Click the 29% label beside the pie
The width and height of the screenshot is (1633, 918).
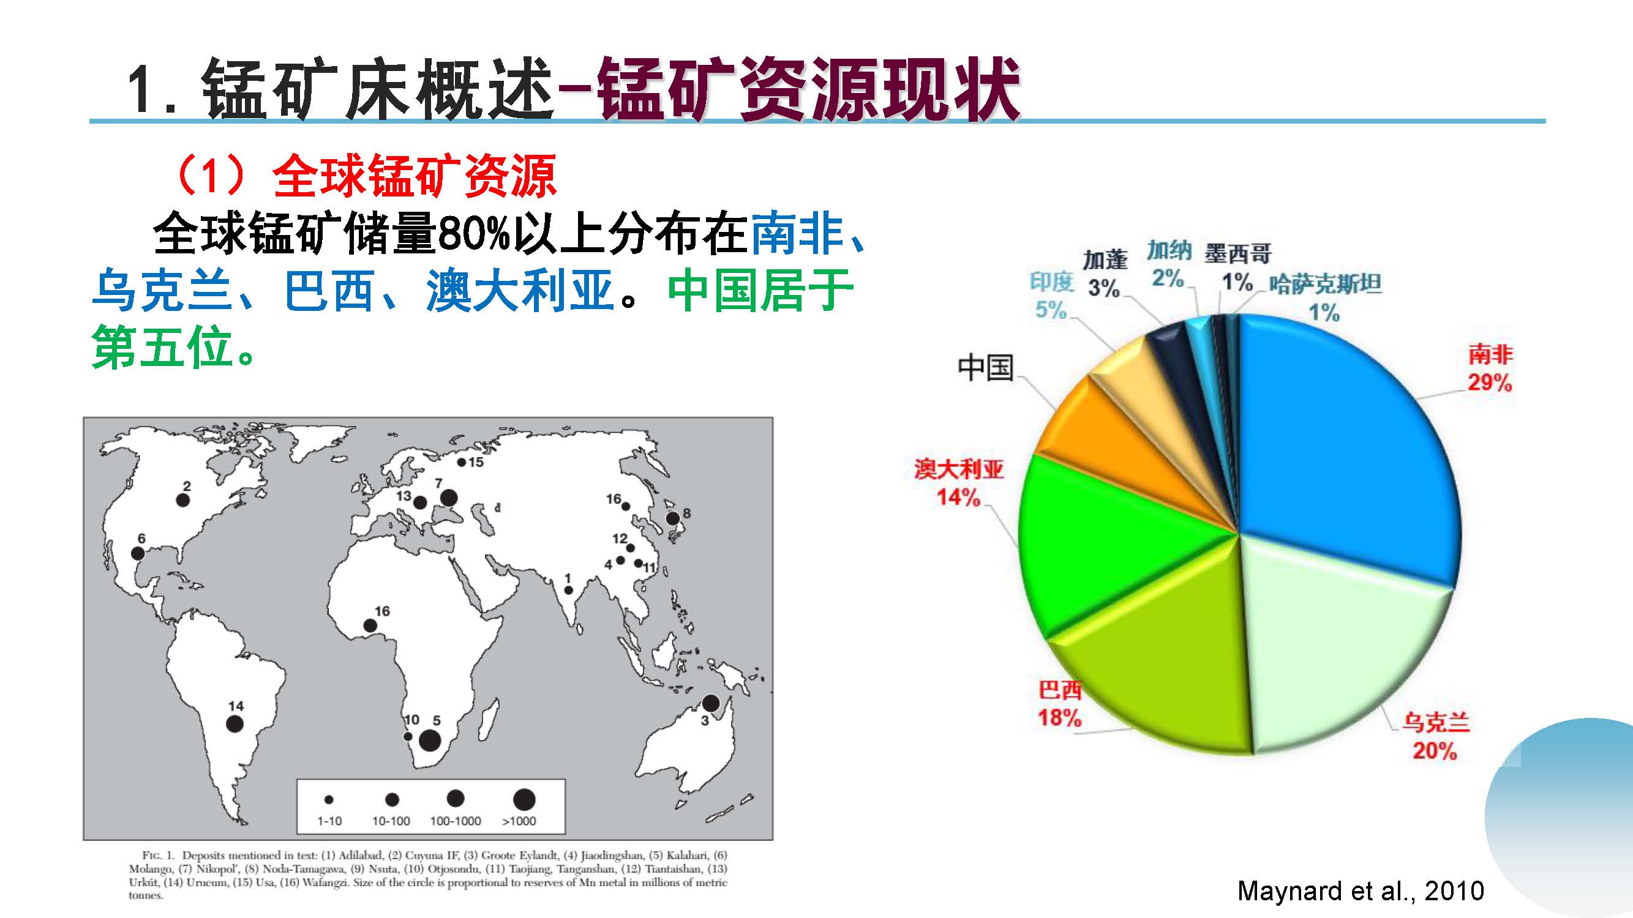(x=1490, y=382)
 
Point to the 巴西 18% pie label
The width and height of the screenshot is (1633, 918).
(x=1059, y=704)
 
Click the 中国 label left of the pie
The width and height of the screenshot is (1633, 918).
(x=986, y=367)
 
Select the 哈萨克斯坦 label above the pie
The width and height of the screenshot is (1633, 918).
(x=1325, y=285)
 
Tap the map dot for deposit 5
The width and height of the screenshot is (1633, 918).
(x=430, y=740)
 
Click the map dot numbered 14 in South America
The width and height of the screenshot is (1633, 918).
(x=235, y=723)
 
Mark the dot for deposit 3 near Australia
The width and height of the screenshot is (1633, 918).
(x=711, y=703)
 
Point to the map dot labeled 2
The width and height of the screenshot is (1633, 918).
(x=182, y=500)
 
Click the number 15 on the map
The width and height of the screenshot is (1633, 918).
(x=476, y=463)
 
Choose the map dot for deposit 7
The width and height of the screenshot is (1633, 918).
(x=448, y=498)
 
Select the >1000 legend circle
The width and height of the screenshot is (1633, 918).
(x=524, y=799)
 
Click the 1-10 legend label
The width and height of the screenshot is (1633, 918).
(x=329, y=821)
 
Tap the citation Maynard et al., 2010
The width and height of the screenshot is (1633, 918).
(x=1361, y=890)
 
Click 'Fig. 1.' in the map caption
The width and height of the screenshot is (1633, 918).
(x=158, y=856)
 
